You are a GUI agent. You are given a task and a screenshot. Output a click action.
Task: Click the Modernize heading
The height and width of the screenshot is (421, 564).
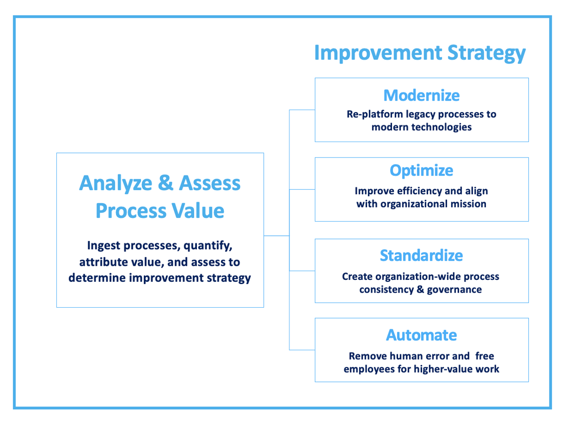(x=422, y=95)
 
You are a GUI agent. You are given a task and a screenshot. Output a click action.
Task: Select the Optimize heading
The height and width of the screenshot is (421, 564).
(x=422, y=170)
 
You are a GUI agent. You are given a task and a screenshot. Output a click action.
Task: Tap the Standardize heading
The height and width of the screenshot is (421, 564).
(x=422, y=255)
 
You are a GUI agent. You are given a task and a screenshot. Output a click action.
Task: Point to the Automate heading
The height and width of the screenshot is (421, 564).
(x=422, y=335)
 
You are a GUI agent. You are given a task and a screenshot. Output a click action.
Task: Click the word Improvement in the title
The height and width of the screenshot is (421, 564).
(x=376, y=53)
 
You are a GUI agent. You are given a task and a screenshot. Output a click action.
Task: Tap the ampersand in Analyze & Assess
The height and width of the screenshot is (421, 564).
(x=165, y=183)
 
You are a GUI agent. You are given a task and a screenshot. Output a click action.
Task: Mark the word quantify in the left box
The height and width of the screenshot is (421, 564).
(x=207, y=246)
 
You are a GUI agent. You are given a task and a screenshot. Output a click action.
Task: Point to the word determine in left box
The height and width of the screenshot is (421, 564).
(x=98, y=278)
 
